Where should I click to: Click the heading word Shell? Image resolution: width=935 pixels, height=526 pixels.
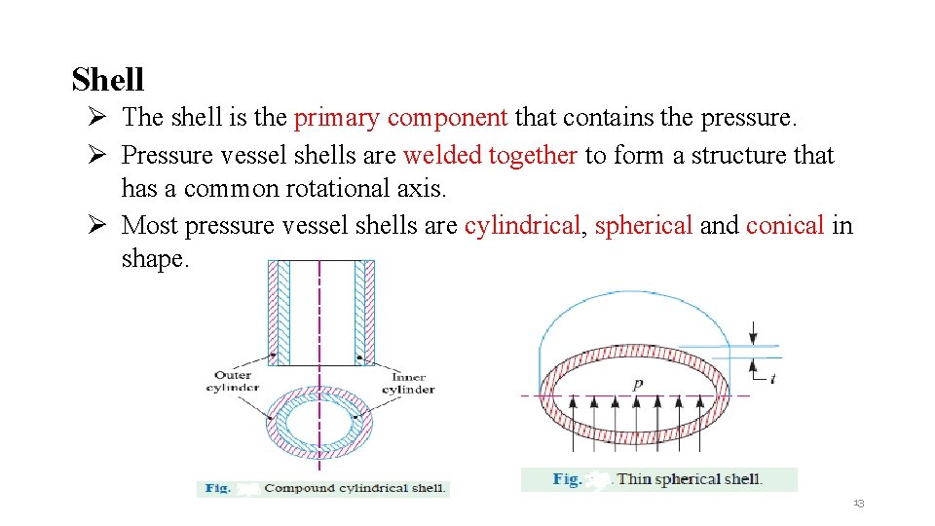pos(107,79)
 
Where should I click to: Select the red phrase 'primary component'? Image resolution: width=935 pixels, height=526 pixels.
pos(400,118)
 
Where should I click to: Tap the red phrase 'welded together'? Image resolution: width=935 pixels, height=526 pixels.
pos(490,155)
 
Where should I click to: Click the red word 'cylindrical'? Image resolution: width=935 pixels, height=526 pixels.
pos(522,226)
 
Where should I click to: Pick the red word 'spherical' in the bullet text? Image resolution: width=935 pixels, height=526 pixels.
pos(643,226)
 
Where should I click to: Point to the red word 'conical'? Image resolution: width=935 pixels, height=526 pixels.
pos(785,226)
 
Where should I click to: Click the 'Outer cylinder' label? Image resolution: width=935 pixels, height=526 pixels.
pos(233,381)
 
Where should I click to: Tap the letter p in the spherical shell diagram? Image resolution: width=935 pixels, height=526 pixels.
pos(637,385)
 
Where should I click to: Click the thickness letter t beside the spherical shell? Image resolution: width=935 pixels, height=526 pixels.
pos(772,379)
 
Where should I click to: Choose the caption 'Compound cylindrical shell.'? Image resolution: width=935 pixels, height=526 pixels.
pos(354,488)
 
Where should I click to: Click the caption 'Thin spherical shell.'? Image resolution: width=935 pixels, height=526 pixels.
pos(689,478)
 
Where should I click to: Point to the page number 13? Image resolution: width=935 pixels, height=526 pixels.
pos(859,503)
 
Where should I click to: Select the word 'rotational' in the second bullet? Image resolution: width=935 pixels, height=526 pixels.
pos(326,188)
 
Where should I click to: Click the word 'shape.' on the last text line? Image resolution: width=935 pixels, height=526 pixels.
pos(154,259)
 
